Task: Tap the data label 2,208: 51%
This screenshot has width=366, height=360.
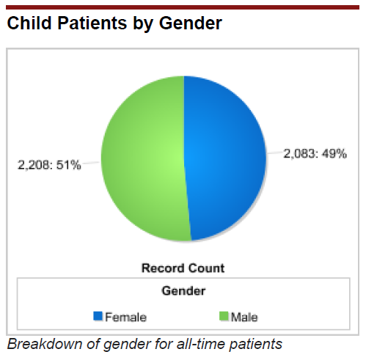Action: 49,165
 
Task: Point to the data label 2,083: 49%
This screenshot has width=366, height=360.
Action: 315,154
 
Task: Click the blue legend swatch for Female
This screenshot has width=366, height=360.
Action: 98,316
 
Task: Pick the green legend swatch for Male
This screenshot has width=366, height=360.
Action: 224,316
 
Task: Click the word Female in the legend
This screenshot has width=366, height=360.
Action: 126,317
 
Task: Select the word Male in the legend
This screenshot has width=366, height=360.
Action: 244,317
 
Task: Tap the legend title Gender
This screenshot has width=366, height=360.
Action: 183,291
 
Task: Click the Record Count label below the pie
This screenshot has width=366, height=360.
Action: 183,268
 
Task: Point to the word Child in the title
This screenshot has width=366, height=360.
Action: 29,23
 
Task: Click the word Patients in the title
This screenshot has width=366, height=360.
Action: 92,23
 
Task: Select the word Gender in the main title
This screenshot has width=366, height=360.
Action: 191,23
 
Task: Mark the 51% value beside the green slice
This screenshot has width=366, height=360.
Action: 68,165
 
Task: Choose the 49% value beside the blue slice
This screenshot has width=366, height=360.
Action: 334,154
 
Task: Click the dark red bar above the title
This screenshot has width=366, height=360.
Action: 183,7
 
